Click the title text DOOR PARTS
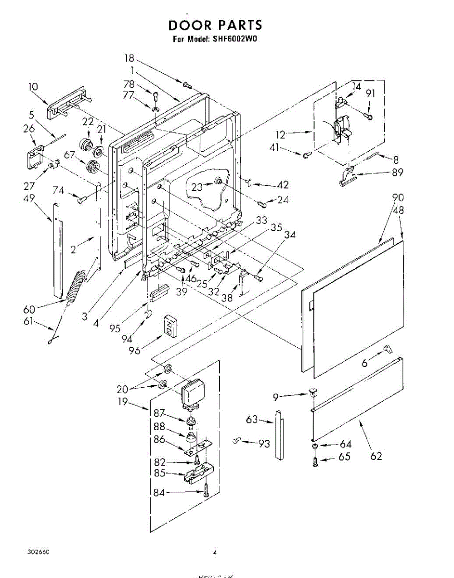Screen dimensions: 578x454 (215, 25)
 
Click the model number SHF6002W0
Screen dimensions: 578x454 (235, 39)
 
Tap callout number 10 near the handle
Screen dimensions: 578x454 (33, 87)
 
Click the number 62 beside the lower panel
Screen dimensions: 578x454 (376, 456)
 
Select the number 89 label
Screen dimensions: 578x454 (397, 173)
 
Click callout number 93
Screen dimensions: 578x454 (264, 444)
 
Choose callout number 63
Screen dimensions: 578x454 (252, 419)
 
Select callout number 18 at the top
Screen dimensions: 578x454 (129, 59)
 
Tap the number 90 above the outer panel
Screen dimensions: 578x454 (398, 197)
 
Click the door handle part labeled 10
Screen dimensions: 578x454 (67, 105)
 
